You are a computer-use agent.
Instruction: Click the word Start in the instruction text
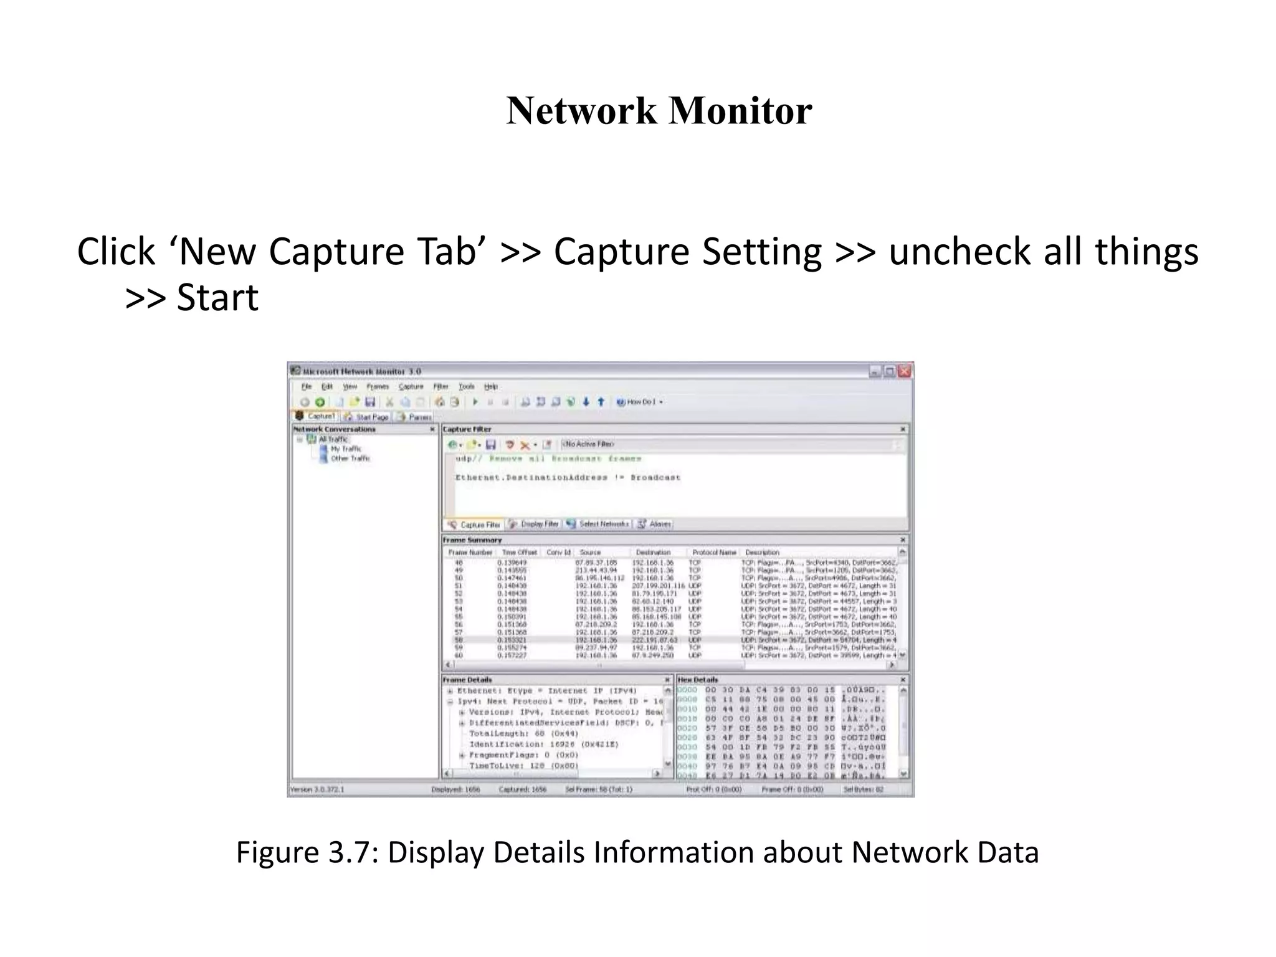pyautogui.click(x=217, y=298)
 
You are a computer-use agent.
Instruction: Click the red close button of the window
pyautogui.click(x=905, y=371)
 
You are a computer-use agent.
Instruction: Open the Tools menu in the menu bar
pyautogui.click(x=466, y=387)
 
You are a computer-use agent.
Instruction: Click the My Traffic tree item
pyautogui.click(x=345, y=449)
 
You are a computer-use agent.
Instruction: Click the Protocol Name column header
pyautogui.click(x=714, y=552)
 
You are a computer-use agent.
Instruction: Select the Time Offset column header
pyautogui.click(x=519, y=552)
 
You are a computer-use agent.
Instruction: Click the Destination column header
pyautogui.click(x=653, y=552)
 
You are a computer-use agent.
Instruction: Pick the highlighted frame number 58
pyautogui.click(x=459, y=640)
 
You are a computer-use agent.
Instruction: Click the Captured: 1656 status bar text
pyautogui.click(x=522, y=789)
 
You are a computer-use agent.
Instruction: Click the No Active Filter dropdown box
pyautogui.click(x=729, y=444)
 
